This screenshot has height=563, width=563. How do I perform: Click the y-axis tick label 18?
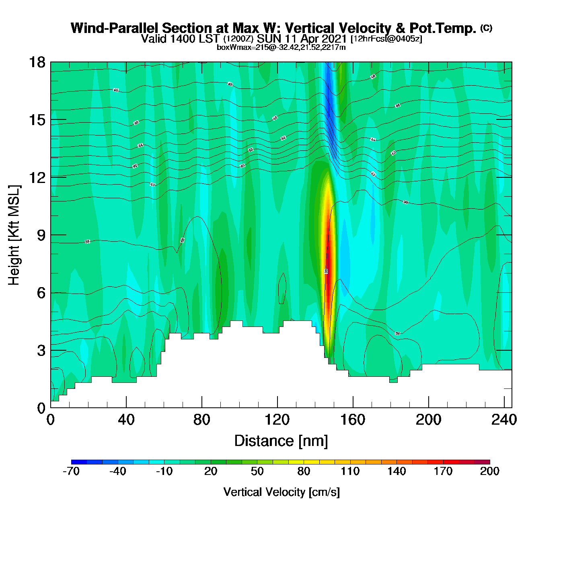point(37,63)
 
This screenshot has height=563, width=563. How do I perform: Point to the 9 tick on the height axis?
point(41,235)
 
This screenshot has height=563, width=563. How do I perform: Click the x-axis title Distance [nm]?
point(281,441)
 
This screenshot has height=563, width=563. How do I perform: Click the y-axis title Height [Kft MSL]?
point(14,235)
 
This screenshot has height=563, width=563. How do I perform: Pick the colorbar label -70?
point(71,471)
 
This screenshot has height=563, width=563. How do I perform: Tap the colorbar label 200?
point(489,471)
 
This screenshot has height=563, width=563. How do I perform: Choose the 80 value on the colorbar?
point(304,471)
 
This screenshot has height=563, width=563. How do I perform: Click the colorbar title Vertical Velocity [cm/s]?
point(281,492)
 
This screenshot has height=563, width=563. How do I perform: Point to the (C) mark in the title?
point(486,28)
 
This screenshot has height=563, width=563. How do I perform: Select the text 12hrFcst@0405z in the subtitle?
point(386,39)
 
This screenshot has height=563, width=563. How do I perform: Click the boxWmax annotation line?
point(281,47)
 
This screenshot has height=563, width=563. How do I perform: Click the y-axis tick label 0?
point(41,408)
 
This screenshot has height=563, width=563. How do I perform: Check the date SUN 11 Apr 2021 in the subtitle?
point(302,39)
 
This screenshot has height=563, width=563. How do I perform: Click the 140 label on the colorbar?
point(397,471)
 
